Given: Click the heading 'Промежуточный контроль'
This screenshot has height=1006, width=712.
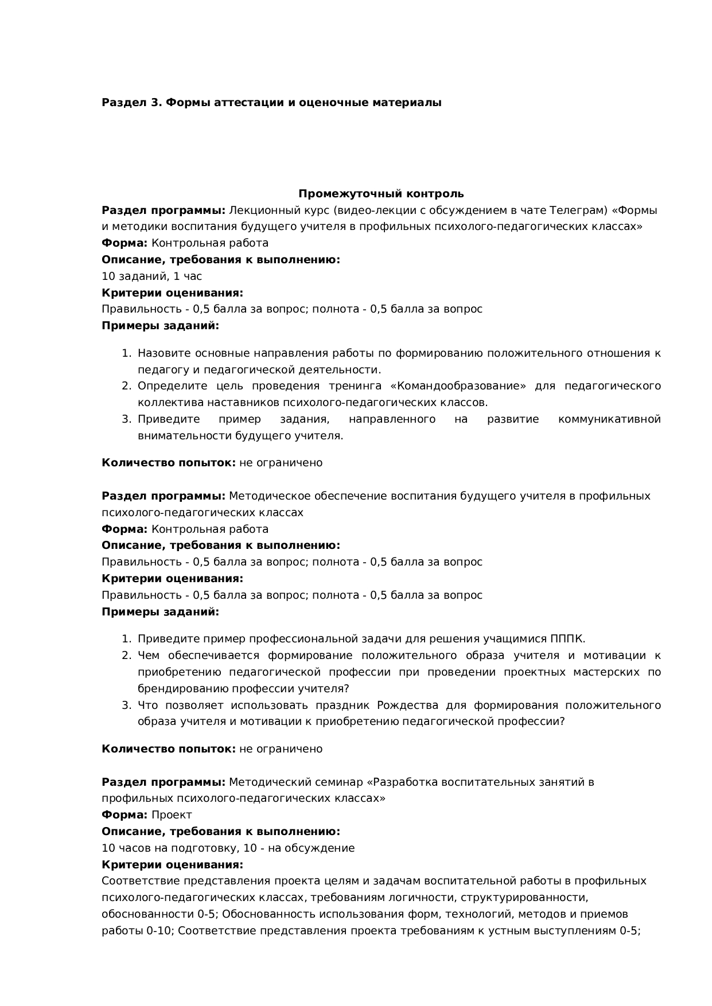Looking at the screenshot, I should point(380,194).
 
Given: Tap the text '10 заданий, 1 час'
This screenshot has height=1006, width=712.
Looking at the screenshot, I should point(151,276).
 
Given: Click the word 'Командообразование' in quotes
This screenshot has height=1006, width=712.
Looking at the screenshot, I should point(457,386).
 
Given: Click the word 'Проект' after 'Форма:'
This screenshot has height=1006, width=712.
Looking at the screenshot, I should point(172,815).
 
